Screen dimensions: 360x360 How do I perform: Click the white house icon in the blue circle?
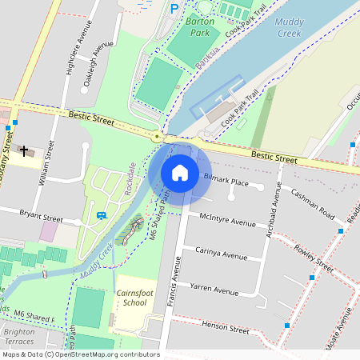pyautogui.click(x=180, y=173)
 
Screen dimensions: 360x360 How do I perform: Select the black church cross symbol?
pyautogui.click(x=25, y=150)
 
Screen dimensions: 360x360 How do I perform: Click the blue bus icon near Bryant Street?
pyautogui.click(x=102, y=214)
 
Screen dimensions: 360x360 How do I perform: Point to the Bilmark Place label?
pyautogui.click(x=226, y=182)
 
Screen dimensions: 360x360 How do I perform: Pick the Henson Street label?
pyautogui.click(x=226, y=328)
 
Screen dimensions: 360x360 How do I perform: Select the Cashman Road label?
pyautogui.click(x=312, y=204)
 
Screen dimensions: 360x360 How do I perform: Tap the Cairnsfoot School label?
pyautogui.click(x=130, y=298)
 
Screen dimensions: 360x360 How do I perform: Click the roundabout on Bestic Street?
pyautogui.click(x=158, y=137)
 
